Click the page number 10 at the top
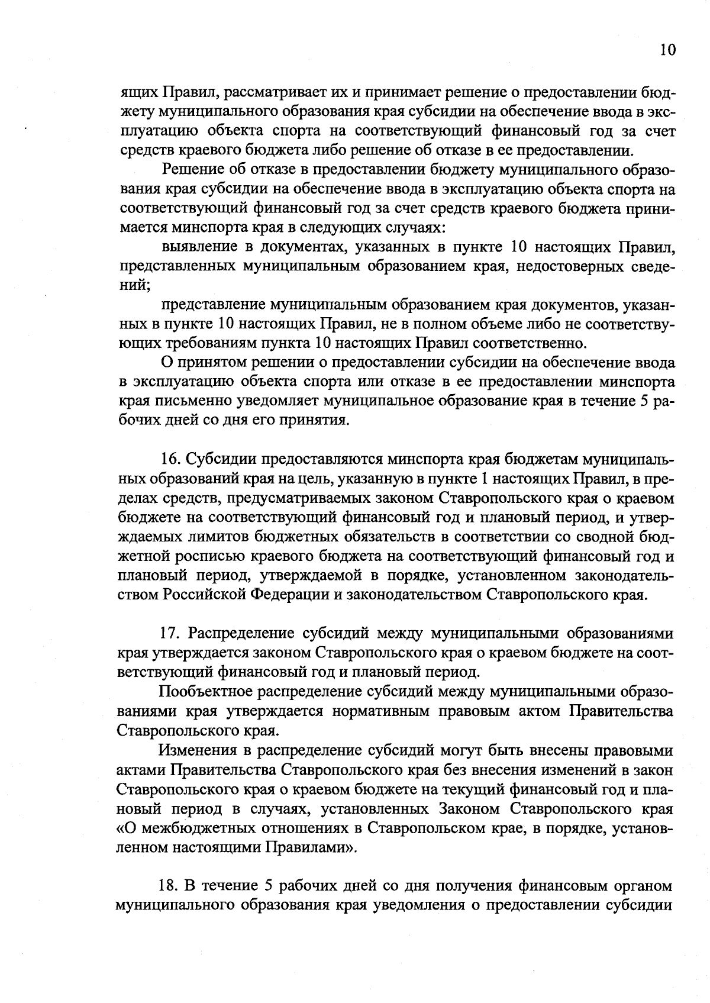(x=667, y=50)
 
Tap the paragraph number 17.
(x=170, y=633)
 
